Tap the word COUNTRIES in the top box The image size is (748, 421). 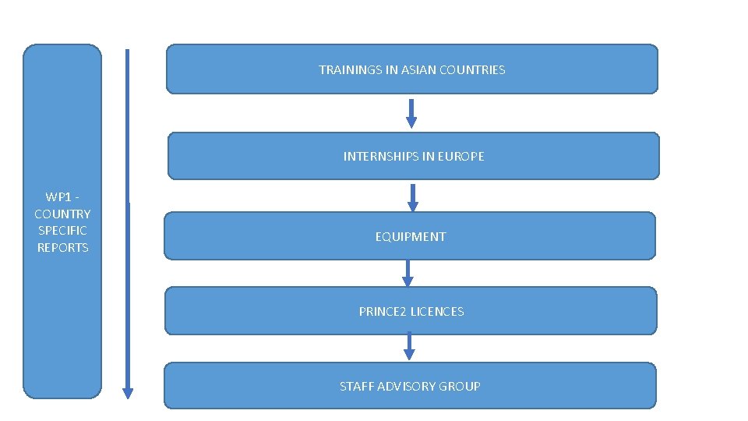(x=472, y=70)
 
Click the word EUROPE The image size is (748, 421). (x=460, y=157)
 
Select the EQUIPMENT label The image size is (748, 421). (x=411, y=237)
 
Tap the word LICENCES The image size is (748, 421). (x=437, y=312)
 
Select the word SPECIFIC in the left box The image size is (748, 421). (x=62, y=231)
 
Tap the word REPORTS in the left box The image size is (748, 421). (x=63, y=248)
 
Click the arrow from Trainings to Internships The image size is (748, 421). (x=411, y=113)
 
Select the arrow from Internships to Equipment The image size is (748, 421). (x=413, y=197)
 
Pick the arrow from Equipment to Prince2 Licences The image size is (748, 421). (x=407, y=273)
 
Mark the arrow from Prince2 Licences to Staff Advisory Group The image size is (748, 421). (x=409, y=347)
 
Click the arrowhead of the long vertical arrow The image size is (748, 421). (x=128, y=393)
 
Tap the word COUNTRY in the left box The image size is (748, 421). (x=62, y=214)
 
